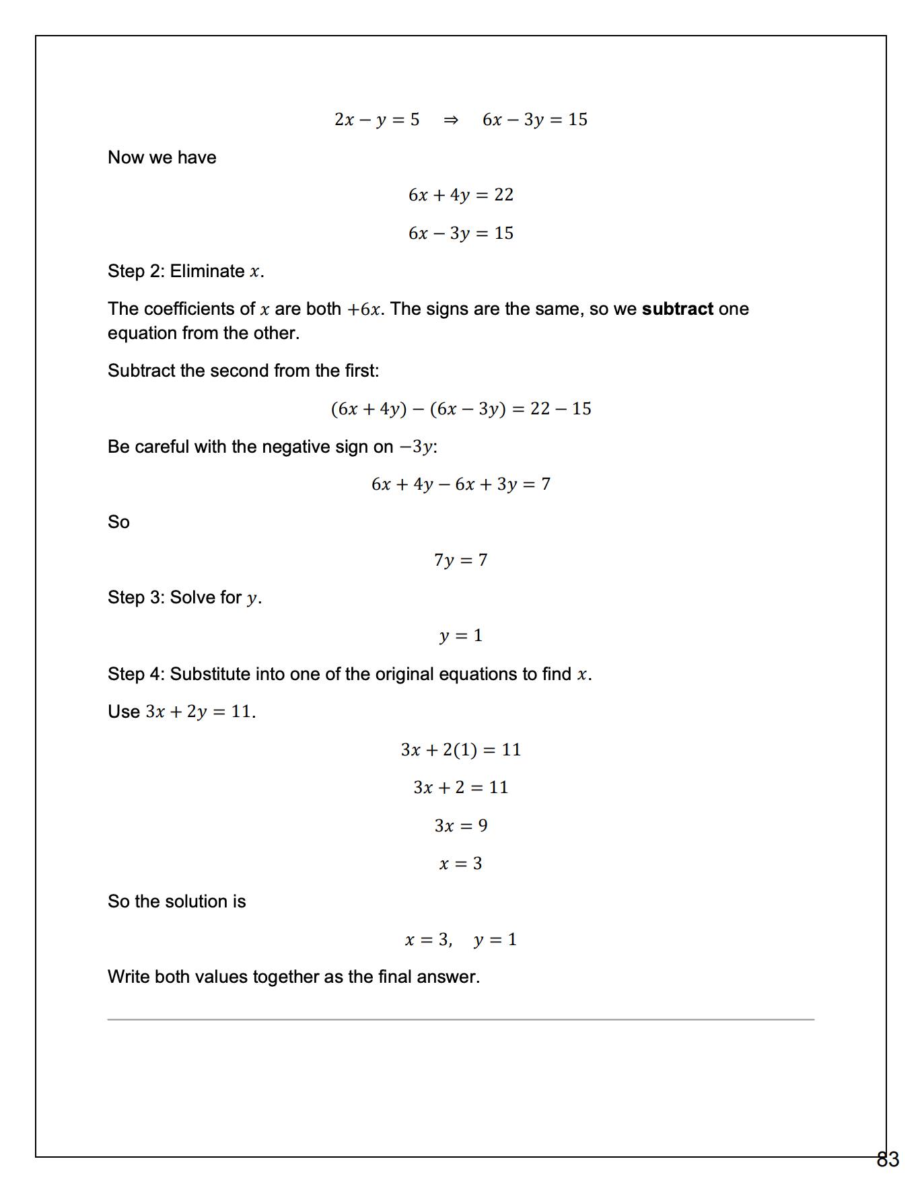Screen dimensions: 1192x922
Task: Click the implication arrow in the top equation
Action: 451,120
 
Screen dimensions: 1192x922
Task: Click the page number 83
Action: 888,1159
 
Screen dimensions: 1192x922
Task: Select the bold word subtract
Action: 677,309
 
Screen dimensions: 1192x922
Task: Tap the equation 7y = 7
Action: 461,560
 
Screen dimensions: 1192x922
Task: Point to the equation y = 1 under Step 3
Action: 461,636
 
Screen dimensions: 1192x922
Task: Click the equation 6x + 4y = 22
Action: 461,195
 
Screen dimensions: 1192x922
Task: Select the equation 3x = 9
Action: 461,825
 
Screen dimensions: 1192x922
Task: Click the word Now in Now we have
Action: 126,157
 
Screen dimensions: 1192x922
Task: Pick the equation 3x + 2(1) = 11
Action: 461,749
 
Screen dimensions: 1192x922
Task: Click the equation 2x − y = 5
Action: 377,120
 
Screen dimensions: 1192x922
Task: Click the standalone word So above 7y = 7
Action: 119,522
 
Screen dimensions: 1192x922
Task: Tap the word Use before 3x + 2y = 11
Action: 124,712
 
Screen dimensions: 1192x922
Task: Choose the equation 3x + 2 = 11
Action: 461,787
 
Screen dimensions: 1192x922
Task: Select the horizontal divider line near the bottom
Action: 461,1019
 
